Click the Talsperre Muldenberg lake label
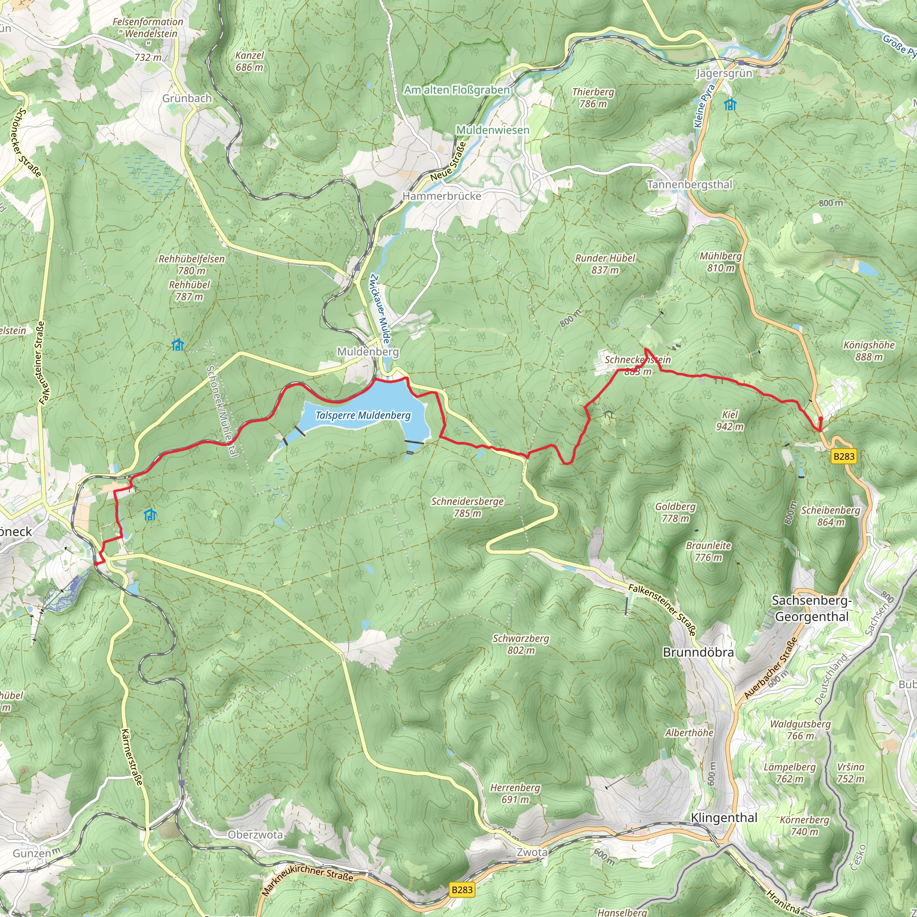(363, 416)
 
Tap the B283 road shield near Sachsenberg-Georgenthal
(844, 456)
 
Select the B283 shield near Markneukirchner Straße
(462, 890)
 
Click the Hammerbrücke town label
(441, 196)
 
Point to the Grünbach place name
(187, 98)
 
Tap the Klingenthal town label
(724, 817)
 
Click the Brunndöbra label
(698, 652)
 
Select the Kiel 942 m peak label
(729, 420)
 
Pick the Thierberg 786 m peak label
(593, 98)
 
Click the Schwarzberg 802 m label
(521, 644)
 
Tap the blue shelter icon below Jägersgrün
(730, 104)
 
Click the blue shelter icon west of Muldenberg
(177, 345)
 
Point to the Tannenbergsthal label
(689, 184)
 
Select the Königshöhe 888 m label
(869, 351)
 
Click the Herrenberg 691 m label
(515, 793)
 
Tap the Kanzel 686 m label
(249, 61)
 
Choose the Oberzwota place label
(255, 835)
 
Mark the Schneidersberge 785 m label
(467, 507)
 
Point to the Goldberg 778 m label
(675, 512)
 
